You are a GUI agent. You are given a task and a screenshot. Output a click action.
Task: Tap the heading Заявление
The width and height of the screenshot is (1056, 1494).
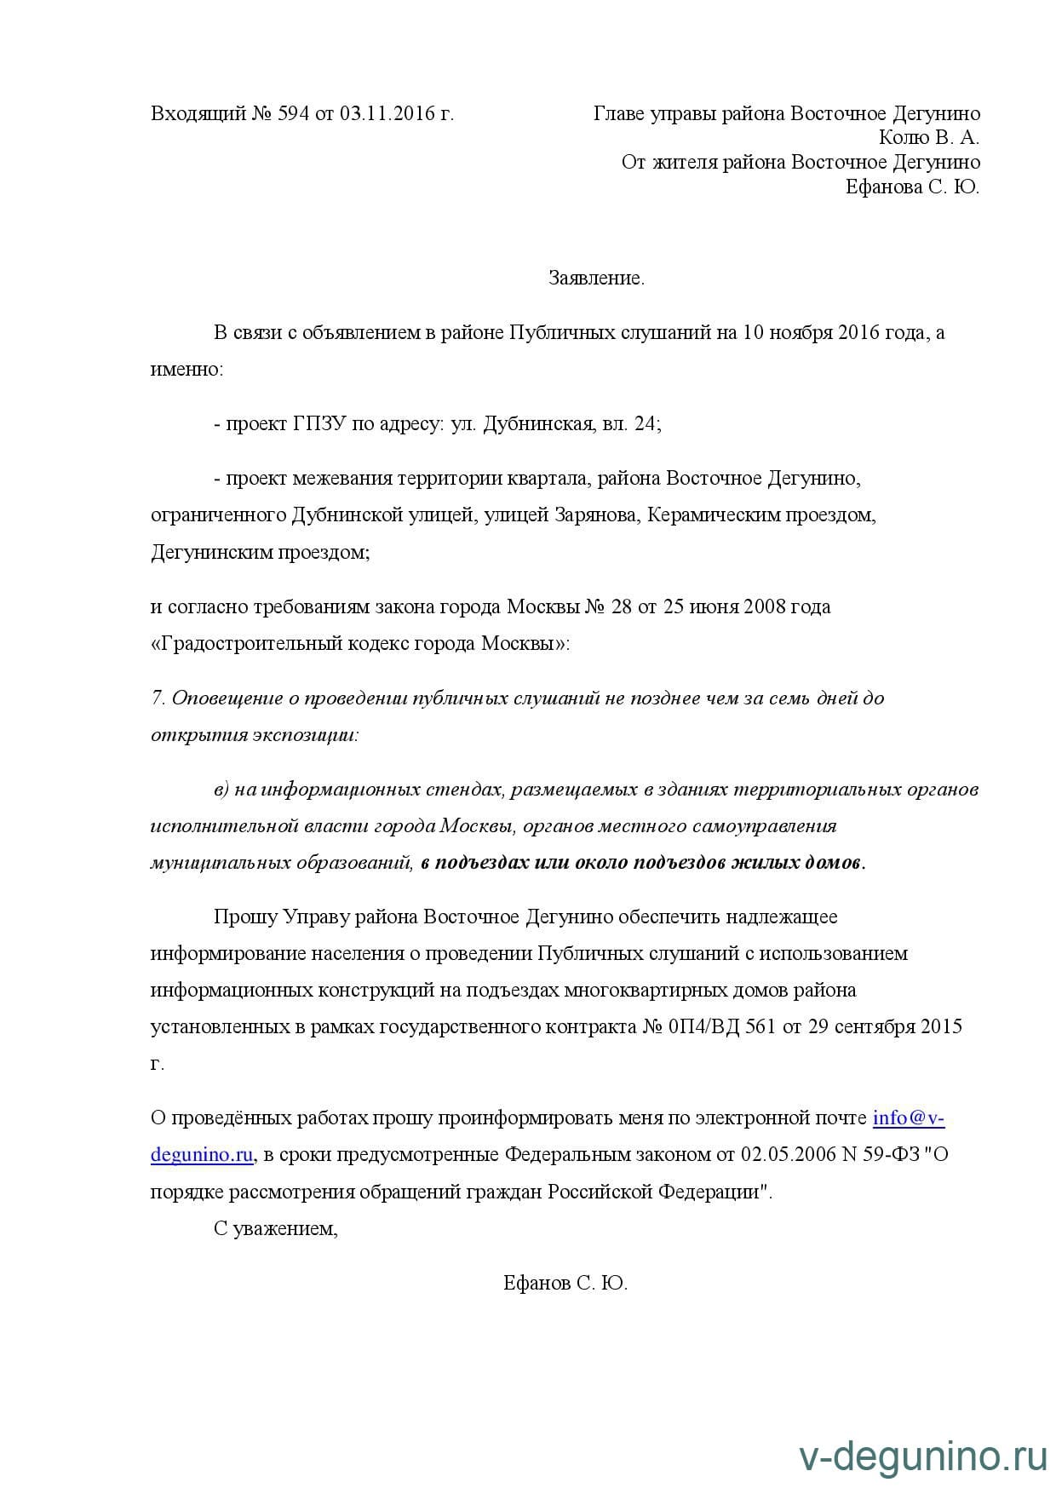pos(596,279)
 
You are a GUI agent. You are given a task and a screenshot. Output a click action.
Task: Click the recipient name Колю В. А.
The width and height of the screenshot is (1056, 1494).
pos(929,138)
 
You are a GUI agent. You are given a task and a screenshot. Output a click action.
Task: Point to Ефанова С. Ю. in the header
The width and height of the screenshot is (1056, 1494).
pos(912,187)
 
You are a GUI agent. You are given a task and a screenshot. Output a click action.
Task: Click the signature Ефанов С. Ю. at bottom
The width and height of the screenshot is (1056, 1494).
pos(565,1284)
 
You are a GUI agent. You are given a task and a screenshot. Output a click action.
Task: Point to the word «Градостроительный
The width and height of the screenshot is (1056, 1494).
pos(247,644)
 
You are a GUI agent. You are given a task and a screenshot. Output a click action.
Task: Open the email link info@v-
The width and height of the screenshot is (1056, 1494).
pos(909,1118)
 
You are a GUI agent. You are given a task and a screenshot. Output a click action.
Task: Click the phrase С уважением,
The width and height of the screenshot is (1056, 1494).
pos(276,1229)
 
